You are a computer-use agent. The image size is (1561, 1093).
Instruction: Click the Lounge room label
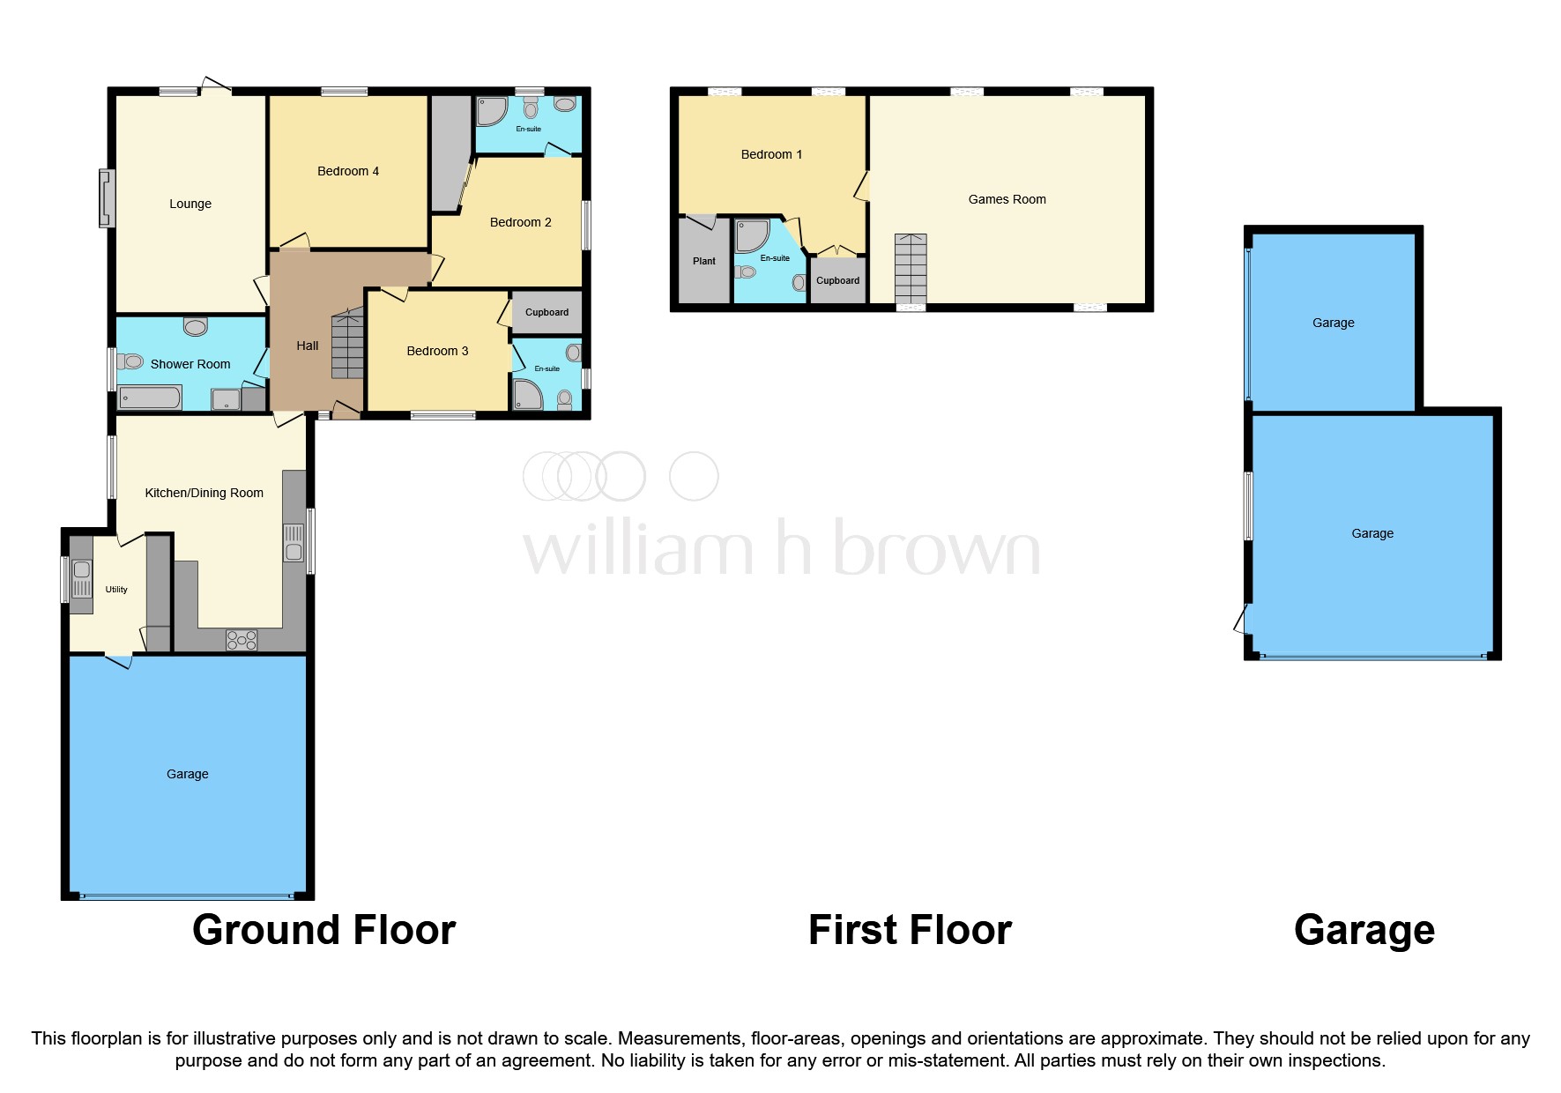190,204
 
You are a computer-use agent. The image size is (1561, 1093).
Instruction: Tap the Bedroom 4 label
348,171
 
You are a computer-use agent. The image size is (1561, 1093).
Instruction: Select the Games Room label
1007,199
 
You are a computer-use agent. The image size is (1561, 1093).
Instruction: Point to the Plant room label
704,261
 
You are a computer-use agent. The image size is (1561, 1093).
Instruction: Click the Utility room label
116,590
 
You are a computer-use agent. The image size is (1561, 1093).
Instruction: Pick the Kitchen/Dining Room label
204,493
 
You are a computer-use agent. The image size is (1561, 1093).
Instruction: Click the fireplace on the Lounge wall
107,198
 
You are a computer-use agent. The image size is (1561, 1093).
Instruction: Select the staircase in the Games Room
911,269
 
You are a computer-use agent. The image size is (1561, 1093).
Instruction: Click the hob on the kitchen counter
242,639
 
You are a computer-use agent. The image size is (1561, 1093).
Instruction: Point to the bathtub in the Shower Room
150,398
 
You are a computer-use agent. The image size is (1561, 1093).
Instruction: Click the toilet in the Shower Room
130,361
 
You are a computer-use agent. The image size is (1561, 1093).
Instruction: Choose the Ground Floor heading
323,930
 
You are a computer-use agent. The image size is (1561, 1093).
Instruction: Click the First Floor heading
910,930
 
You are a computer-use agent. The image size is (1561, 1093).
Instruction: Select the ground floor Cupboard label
546,312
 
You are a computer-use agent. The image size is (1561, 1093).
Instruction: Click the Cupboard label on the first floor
837,280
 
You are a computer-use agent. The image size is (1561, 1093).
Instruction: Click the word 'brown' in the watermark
936,548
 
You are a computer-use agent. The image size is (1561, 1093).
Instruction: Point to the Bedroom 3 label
437,351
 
